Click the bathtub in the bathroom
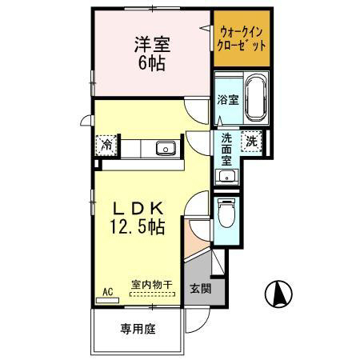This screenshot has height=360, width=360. pyautogui.click(x=255, y=98)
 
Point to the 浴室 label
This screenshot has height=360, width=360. pyautogui.click(x=227, y=100)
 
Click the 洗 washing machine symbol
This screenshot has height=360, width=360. pyautogui.click(x=252, y=141)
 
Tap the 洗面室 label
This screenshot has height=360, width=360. pyautogui.click(x=227, y=149)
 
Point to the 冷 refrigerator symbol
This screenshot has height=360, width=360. pyautogui.click(x=106, y=145)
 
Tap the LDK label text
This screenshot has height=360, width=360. pyautogui.click(x=138, y=207)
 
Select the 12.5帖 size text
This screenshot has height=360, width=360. pyautogui.click(x=138, y=228)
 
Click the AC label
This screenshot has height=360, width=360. pyautogui.click(x=107, y=293)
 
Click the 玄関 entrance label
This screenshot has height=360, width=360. pyautogui.click(x=200, y=289)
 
